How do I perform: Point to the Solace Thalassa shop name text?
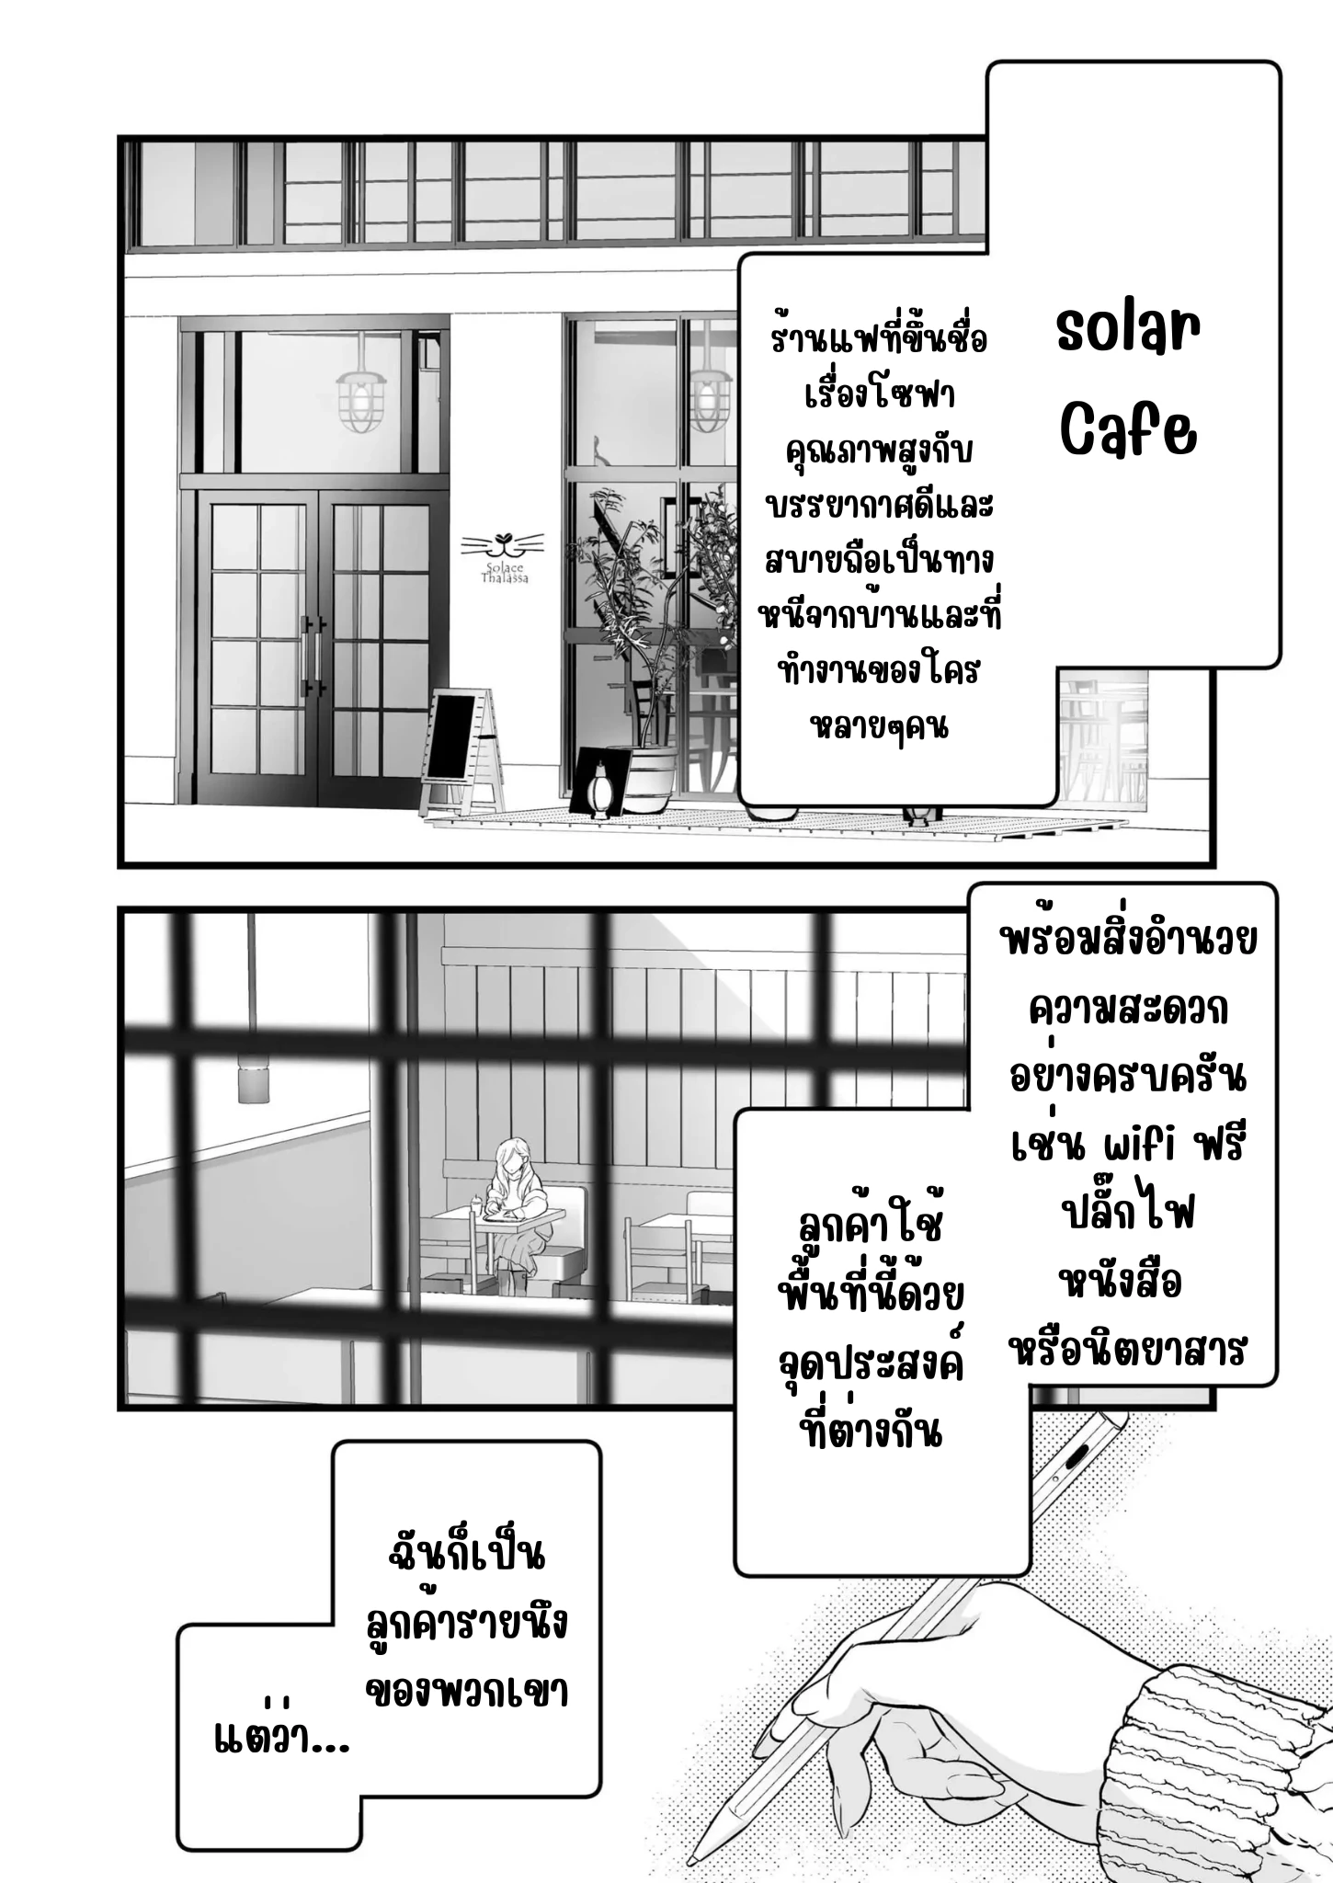coord(504,574)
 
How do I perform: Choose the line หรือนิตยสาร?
coord(1127,1350)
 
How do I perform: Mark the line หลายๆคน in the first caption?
coord(880,726)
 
